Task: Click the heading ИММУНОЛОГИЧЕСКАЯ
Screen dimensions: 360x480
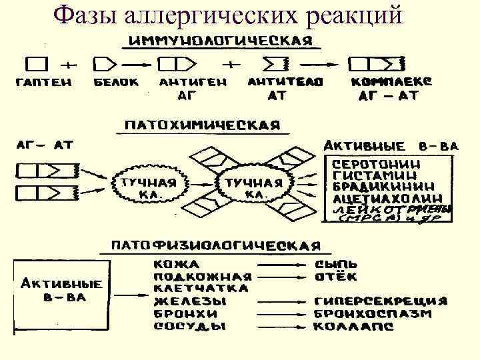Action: [x=221, y=41]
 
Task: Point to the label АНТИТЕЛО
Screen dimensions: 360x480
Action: [x=285, y=82]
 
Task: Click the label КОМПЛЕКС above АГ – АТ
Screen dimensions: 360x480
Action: [x=391, y=82]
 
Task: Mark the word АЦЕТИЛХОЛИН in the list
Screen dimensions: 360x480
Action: [x=387, y=198]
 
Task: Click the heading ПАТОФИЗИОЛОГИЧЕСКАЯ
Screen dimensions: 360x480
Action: [x=210, y=246]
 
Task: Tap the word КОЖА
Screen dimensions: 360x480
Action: [x=175, y=264]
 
